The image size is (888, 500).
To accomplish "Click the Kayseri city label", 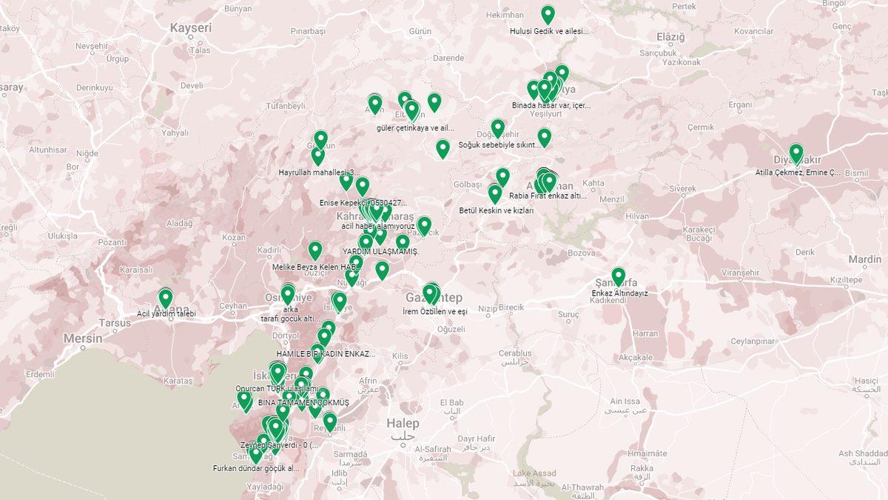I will (x=191, y=28).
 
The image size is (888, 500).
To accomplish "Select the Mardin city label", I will (x=864, y=259).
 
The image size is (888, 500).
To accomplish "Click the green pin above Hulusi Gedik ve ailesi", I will (x=548, y=14).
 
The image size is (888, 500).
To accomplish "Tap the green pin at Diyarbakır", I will (x=796, y=153).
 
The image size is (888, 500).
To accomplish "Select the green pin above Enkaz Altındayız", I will (x=619, y=276).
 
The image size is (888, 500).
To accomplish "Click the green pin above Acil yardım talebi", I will (x=166, y=298).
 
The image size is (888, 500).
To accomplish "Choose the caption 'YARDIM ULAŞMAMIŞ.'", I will (x=380, y=252).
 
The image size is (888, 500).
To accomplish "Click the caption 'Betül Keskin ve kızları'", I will (x=497, y=210).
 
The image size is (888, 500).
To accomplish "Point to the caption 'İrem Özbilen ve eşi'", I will (x=435, y=312).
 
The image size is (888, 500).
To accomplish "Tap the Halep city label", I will (x=403, y=424).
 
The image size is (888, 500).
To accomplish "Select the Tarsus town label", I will (x=115, y=323).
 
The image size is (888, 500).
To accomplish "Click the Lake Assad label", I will (x=534, y=473).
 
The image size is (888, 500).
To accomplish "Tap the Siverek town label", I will (x=682, y=189).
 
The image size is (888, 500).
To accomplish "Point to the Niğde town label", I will (x=87, y=153).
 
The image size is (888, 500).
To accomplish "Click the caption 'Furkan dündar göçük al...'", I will (x=256, y=468).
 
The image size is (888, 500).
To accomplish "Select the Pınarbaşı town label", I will (x=308, y=31).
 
